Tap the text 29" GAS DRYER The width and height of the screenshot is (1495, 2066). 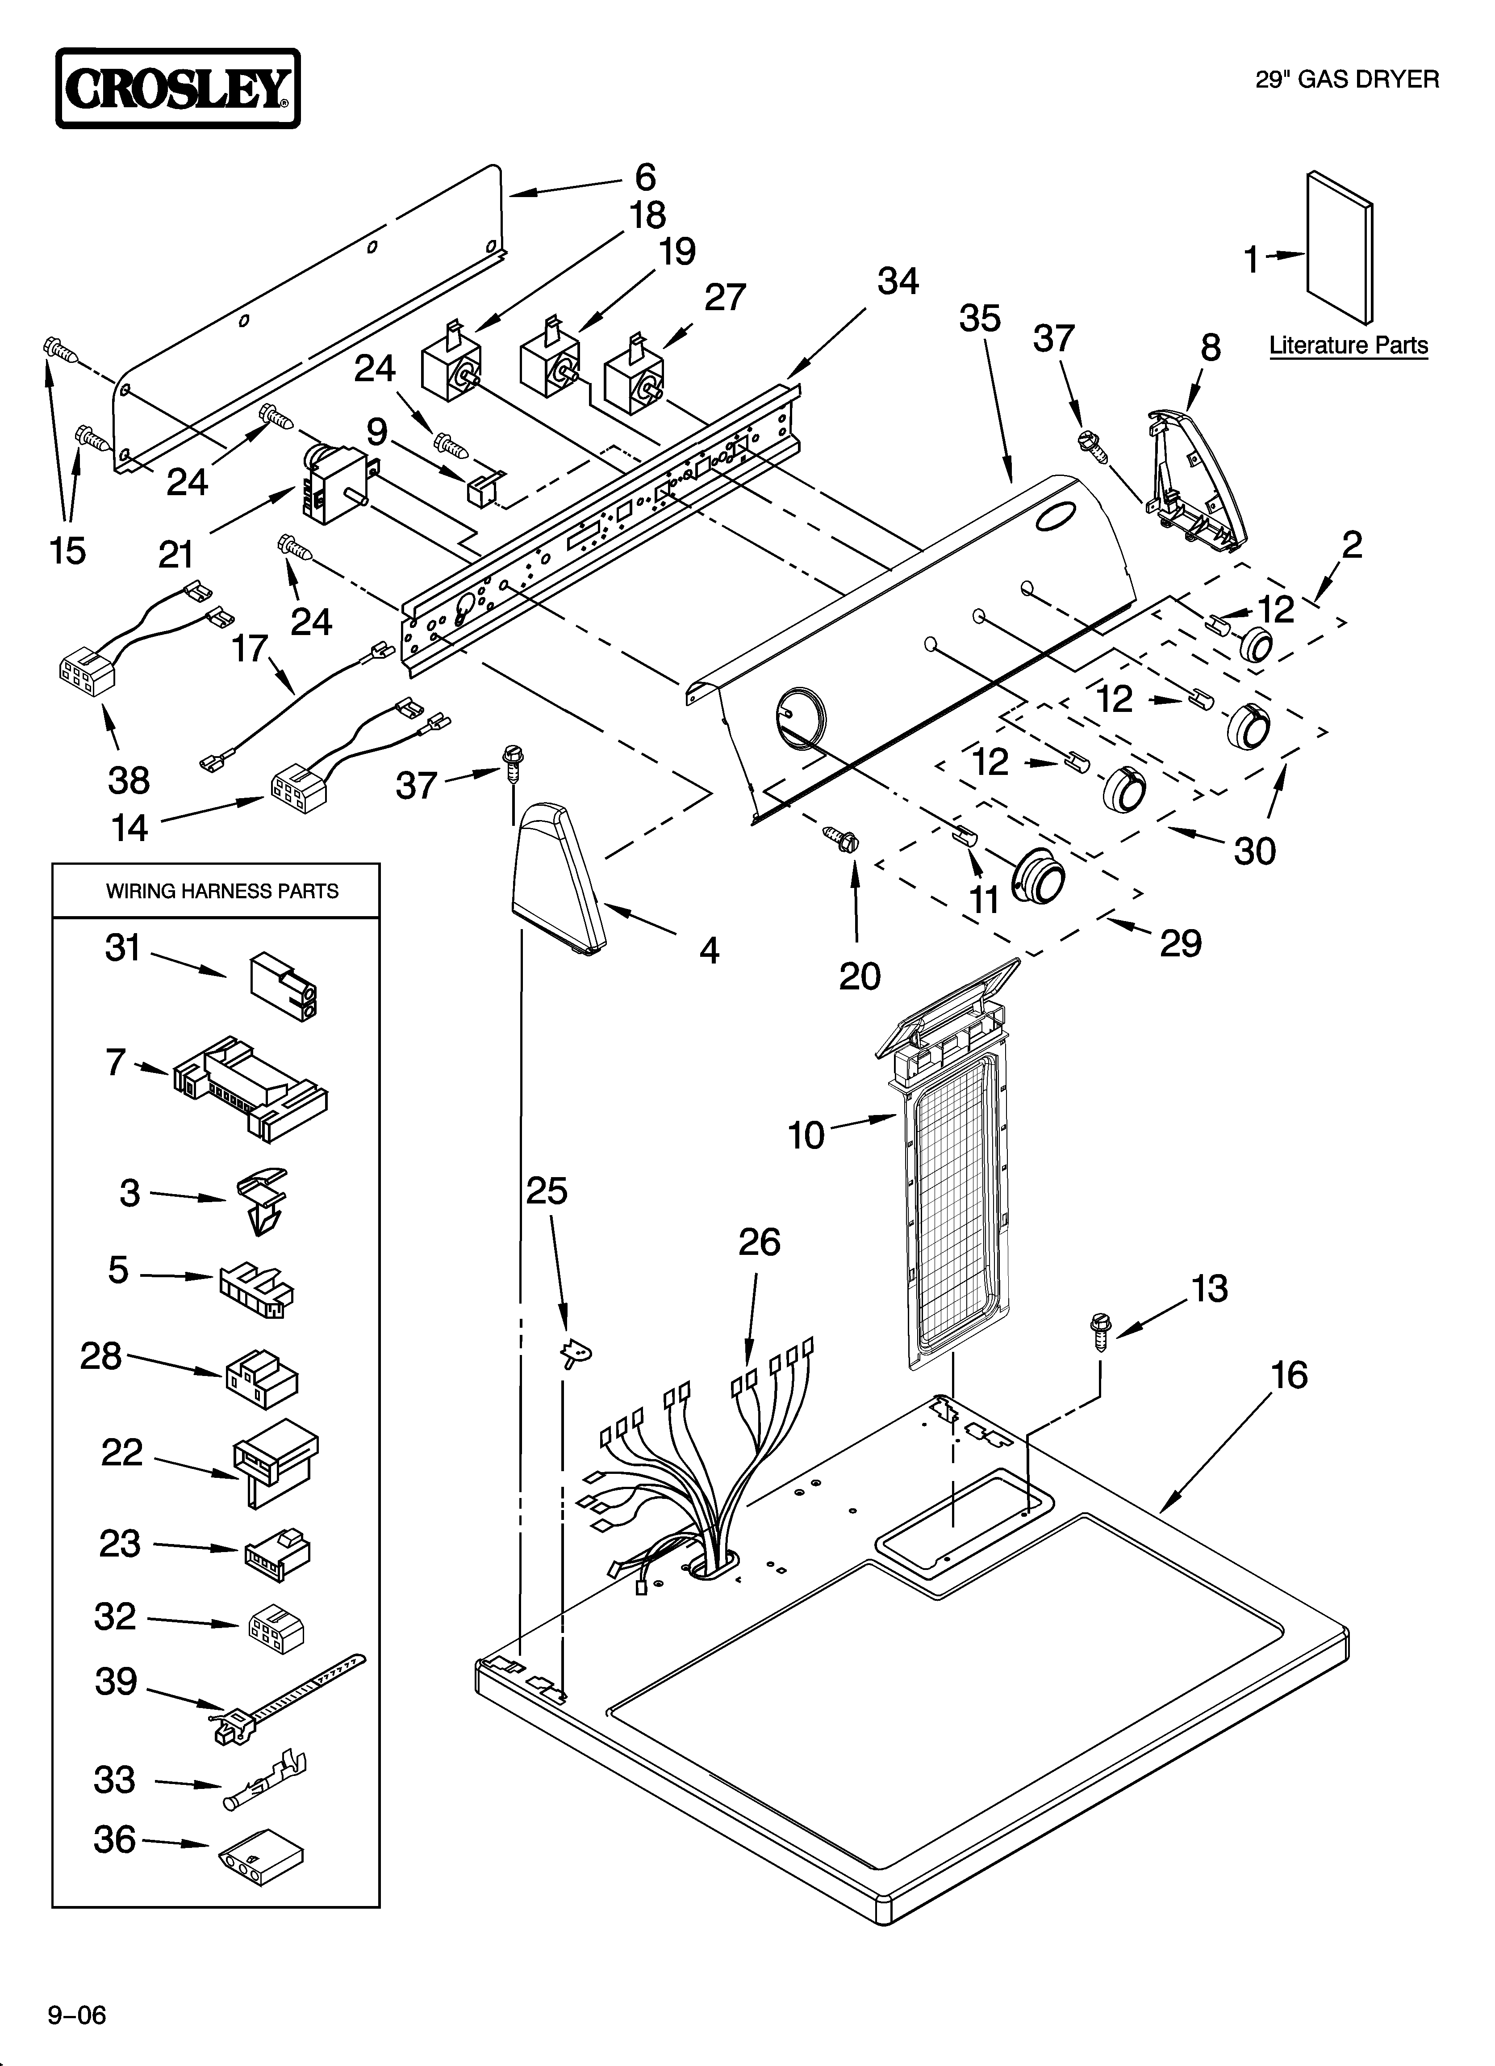click(1348, 80)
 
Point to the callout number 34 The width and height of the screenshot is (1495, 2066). click(898, 282)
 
